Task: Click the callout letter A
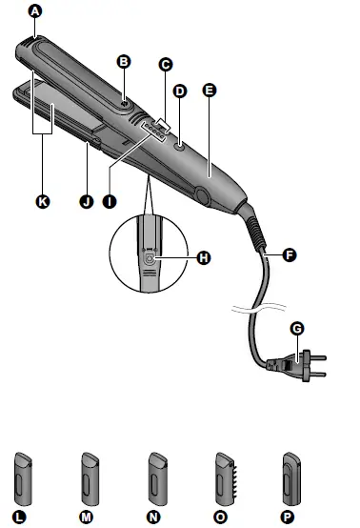[x=35, y=11]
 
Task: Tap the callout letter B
[x=122, y=60]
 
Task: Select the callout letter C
[x=165, y=65]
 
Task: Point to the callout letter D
[x=180, y=91]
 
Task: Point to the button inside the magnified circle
[x=149, y=256]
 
